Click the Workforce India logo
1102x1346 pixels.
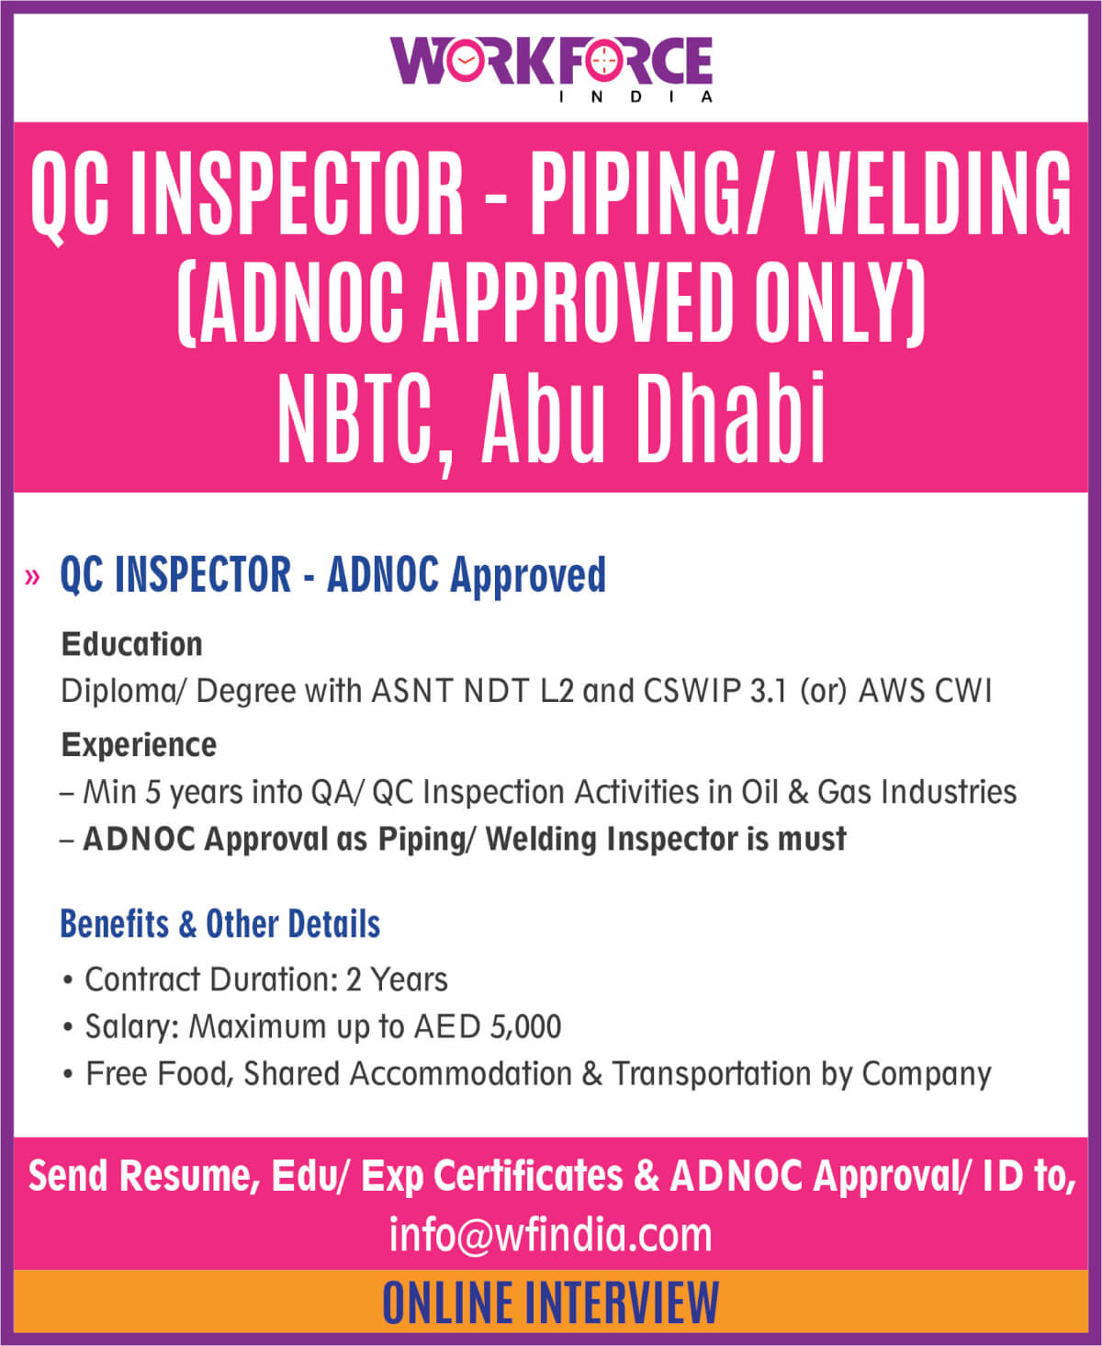pos(551,69)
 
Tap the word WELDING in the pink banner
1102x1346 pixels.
pos(934,193)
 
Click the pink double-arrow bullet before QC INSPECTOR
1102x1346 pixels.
pos(32,577)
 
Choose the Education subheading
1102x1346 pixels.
pos(132,644)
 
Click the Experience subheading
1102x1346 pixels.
pos(139,745)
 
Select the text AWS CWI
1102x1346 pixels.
pos(926,691)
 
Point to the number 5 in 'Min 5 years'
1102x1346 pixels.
pos(152,792)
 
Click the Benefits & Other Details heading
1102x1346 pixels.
pos(220,923)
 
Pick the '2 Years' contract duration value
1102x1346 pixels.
pos(396,979)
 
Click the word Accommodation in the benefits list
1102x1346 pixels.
pos(460,1073)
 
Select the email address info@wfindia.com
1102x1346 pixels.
pos(551,1235)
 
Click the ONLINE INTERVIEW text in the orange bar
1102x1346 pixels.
pos(551,1303)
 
